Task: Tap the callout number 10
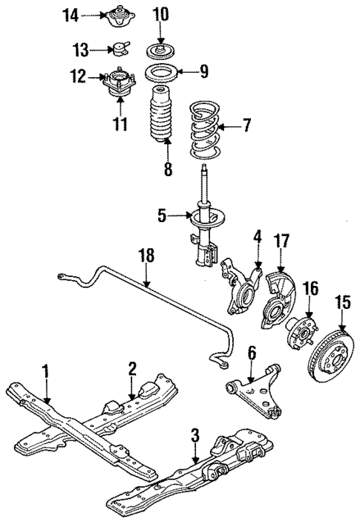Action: click(x=160, y=15)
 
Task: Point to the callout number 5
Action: click(x=161, y=217)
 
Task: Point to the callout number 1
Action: click(x=46, y=369)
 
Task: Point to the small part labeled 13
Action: click(x=120, y=49)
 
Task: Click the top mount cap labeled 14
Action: click(x=117, y=15)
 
